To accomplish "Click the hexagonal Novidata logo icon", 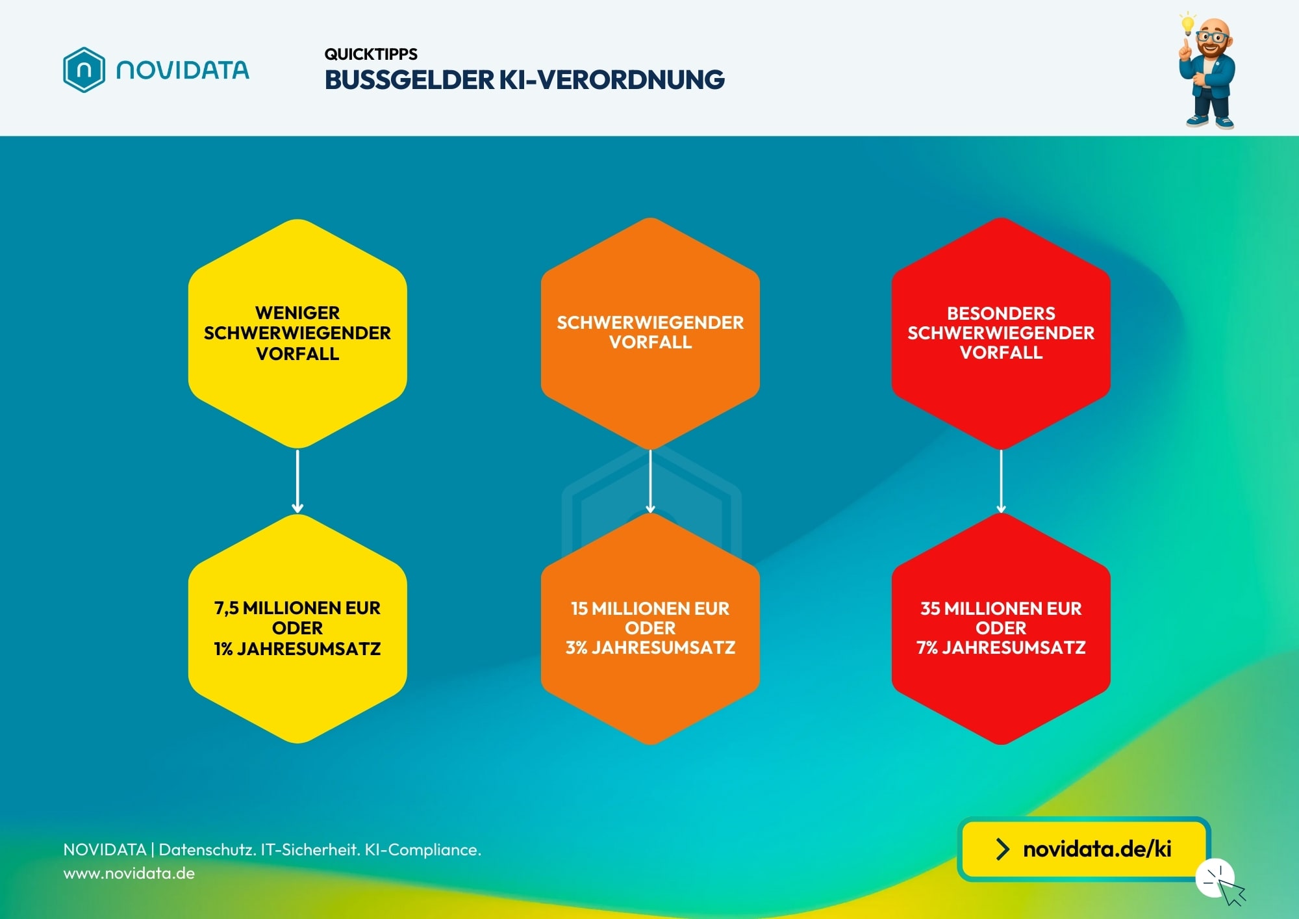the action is [x=84, y=70].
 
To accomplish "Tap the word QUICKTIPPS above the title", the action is [x=371, y=54].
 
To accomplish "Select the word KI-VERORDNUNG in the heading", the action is [x=611, y=80].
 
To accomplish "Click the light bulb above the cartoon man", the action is [x=1188, y=24].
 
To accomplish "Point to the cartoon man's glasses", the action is [x=1211, y=36].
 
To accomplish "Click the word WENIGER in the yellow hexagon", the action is [x=297, y=313].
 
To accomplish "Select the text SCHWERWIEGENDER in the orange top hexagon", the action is [x=650, y=322].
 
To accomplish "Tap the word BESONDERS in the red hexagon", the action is [x=1001, y=313].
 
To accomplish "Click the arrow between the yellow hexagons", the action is [x=297, y=482].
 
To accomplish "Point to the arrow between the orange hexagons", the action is [x=650, y=482].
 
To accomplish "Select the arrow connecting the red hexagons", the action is [x=1001, y=482].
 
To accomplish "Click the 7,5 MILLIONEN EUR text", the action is [x=297, y=608].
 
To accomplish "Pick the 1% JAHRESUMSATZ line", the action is [x=297, y=649].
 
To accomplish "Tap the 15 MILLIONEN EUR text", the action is [x=650, y=608].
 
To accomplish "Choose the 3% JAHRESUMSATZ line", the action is [x=650, y=647].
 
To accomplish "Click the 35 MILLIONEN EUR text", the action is [x=1001, y=608].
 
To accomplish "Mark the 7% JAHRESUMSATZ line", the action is [x=1001, y=647].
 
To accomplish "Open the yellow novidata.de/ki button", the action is [x=1083, y=849].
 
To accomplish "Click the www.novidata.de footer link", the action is [x=129, y=873].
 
